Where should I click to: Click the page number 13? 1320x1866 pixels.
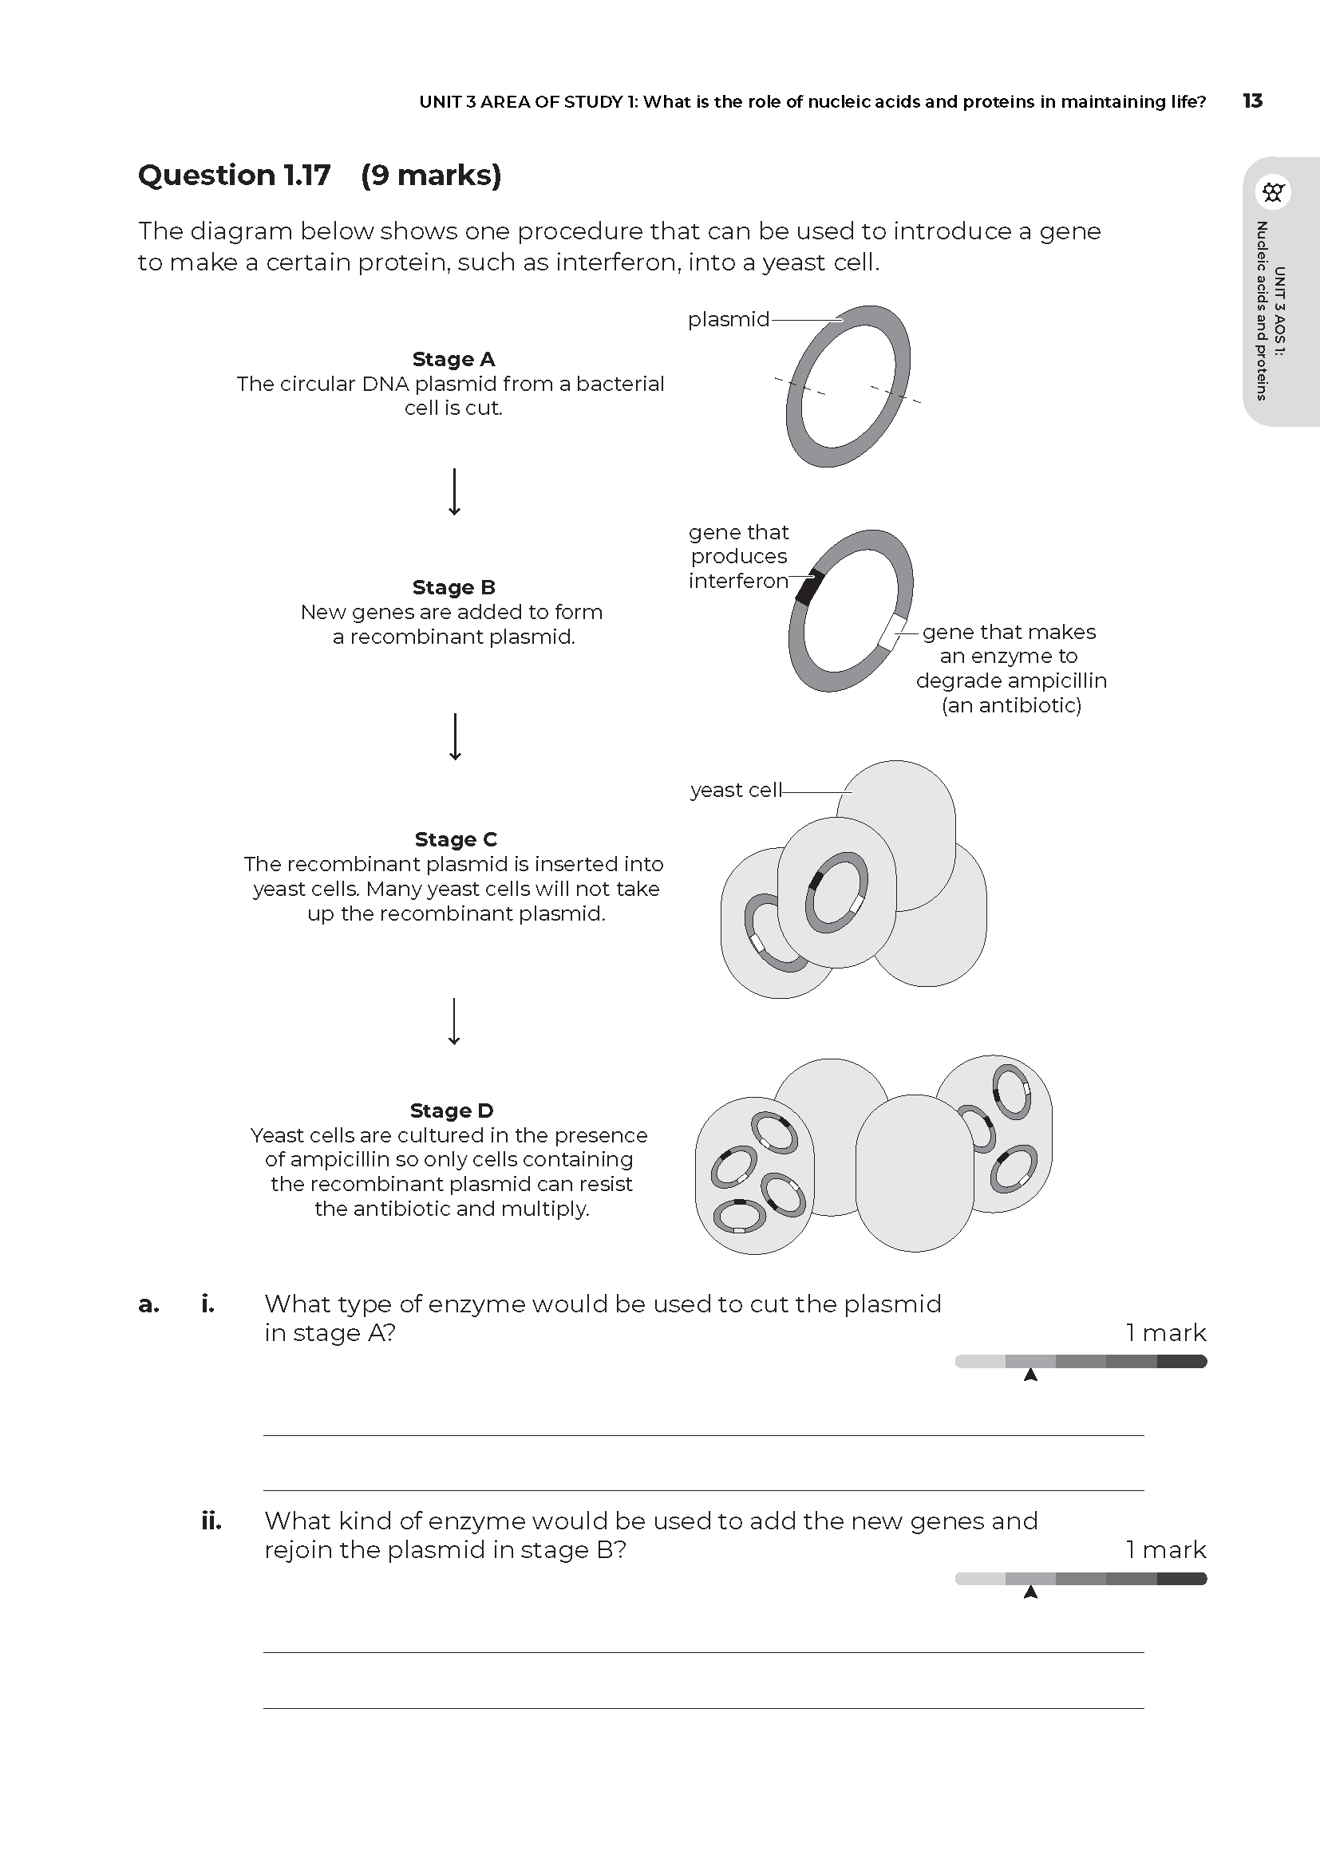click(x=1251, y=101)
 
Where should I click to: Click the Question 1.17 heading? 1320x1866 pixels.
click(x=234, y=175)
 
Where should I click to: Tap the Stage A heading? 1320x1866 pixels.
click(x=453, y=358)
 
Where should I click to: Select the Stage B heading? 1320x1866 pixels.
click(x=453, y=587)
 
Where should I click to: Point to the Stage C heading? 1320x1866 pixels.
click(x=455, y=838)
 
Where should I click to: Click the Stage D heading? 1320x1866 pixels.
click(x=451, y=1111)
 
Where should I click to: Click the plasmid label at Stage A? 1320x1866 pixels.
click(x=728, y=319)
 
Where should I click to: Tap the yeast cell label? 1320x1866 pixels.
click(x=735, y=790)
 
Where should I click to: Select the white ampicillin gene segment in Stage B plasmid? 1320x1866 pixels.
click(x=892, y=633)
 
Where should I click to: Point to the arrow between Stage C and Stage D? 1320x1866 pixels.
click(x=454, y=1021)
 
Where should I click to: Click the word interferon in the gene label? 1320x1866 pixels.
click(x=738, y=580)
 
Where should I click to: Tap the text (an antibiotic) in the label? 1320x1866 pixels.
click(x=1011, y=704)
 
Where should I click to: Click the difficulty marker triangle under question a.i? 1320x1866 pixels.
click(x=1030, y=1375)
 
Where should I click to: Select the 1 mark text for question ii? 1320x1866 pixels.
click(x=1164, y=1549)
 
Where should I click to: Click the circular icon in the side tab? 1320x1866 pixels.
click(x=1273, y=192)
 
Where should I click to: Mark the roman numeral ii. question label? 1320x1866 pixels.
click(x=211, y=1521)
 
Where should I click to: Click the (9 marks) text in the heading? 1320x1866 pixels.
click(x=431, y=175)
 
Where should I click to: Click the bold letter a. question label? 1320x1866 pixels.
click(x=148, y=1304)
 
